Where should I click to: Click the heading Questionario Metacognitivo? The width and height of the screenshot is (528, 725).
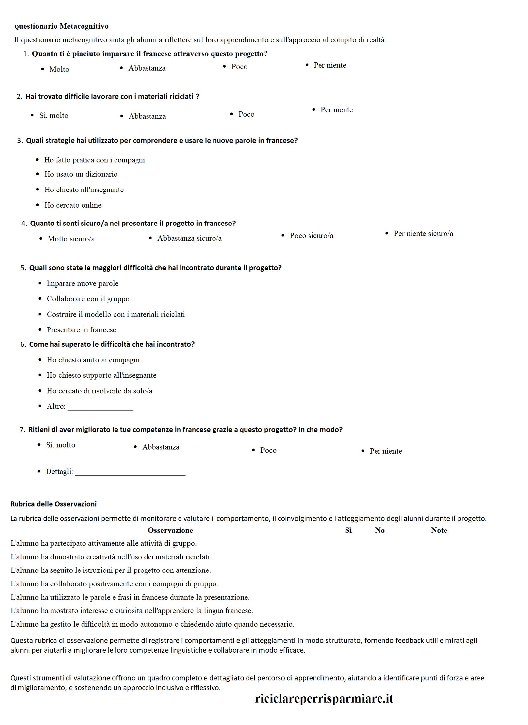click(x=61, y=26)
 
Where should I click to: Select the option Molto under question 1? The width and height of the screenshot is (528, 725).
click(x=59, y=69)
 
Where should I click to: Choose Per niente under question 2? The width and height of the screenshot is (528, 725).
click(x=336, y=110)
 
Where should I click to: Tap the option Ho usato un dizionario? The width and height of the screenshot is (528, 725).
click(x=81, y=174)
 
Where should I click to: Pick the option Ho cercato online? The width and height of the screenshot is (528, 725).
click(x=73, y=205)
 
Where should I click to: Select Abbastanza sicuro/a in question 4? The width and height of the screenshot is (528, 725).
click(x=189, y=238)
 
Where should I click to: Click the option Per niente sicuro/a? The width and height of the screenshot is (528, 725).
click(x=423, y=234)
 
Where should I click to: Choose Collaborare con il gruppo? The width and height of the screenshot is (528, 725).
click(x=88, y=299)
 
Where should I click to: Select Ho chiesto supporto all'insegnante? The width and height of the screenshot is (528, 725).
click(x=101, y=375)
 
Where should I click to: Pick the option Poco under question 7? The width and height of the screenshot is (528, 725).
click(x=268, y=451)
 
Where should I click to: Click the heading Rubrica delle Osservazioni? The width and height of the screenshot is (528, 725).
click(x=53, y=504)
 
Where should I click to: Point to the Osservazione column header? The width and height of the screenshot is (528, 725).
click(x=170, y=531)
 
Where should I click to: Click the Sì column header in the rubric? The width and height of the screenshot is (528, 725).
click(x=348, y=531)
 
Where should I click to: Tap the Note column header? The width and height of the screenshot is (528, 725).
click(x=439, y=531)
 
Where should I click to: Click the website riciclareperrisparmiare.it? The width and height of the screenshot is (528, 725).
click(x=324, y=699)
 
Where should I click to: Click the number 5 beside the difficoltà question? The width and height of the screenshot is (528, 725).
click(x=23, y=268)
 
